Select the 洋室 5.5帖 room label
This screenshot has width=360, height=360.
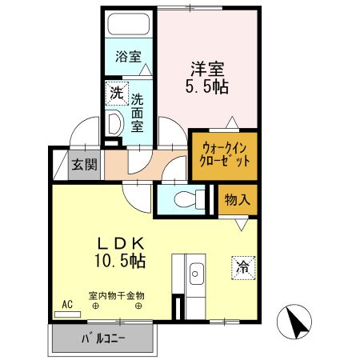coord(209,76)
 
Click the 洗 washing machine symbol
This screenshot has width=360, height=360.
coord(117,94)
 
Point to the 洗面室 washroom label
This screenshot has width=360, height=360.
coord(138,113)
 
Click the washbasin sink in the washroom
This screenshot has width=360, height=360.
coord(114,125)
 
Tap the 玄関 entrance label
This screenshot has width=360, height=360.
coord(83,166)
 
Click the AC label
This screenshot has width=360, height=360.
coord(67,305)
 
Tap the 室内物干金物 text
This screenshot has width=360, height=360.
coord(116,295)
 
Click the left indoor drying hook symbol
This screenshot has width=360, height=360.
coord(95,305)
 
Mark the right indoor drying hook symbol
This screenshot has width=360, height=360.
coord(139,305)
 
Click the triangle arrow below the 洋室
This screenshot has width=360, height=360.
coord(231,122)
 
